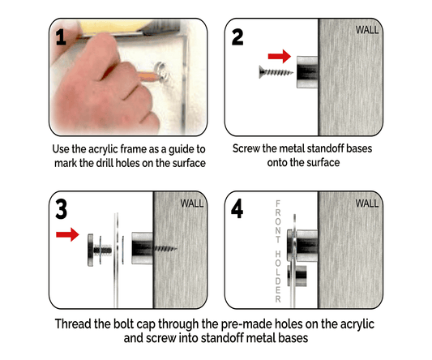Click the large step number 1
[61, 37]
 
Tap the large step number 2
[237, 37]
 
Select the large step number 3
[61, 209]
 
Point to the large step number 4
[237, 208]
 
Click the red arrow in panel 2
[280, 56]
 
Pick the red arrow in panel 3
[67, 234]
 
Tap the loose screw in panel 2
[276, 72]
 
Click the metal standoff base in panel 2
[307, 72]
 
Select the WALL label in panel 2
[367, 30]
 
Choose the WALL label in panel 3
[192, 204]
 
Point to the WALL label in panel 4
[367, 204]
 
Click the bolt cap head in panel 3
[90, 250]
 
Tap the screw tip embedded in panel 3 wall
[165, 249]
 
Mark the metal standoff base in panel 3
[142, 248]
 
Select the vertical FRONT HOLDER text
[278, 251]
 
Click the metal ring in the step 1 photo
[161, 71]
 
